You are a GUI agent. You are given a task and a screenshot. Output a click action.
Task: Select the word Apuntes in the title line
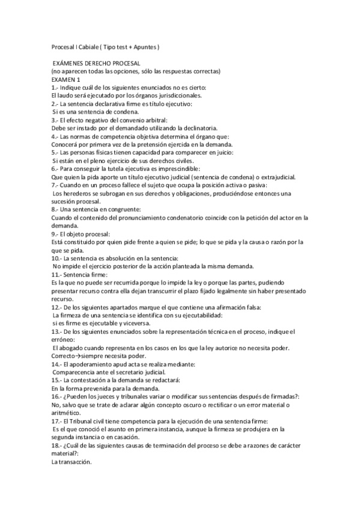[145, 46]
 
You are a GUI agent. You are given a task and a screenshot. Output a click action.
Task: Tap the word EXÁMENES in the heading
[71, 63]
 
